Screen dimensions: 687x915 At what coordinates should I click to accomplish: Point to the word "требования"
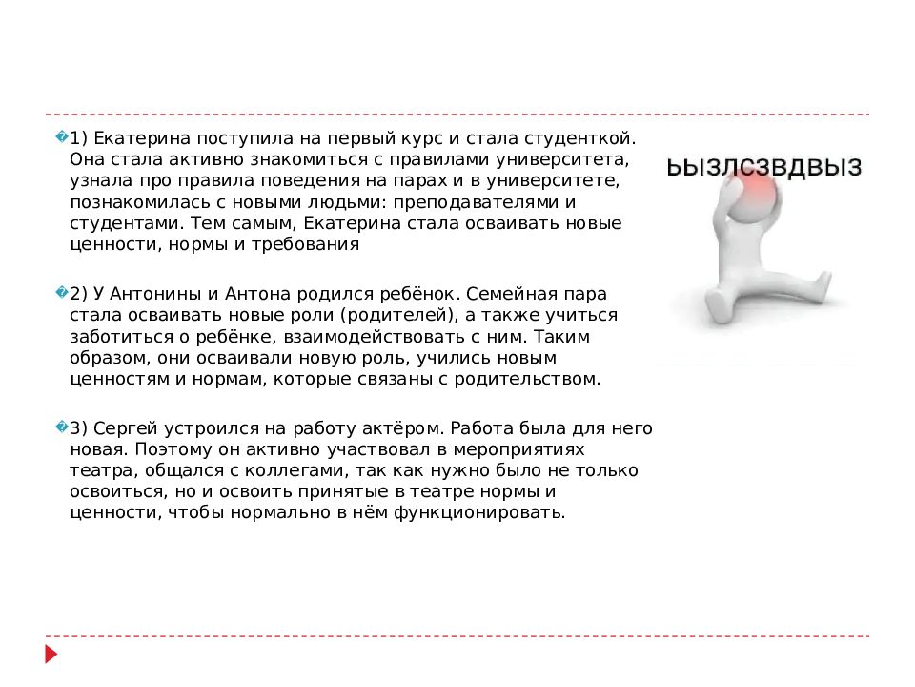tap(314, 244)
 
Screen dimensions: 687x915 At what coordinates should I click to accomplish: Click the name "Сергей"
tap(126, 429)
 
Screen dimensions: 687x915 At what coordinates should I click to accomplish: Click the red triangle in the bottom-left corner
tap(51, 655)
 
